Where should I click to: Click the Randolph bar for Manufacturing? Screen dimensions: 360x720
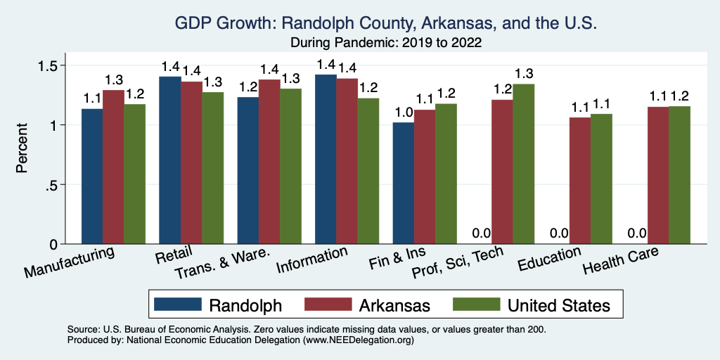[92, 176]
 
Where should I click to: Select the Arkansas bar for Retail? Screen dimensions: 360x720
[191, 162]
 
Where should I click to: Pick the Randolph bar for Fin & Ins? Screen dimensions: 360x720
[404, 183]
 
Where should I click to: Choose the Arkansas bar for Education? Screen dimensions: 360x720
[580, 181]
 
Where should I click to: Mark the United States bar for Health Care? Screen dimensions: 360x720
[679, 175]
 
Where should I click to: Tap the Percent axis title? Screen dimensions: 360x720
[22, 149]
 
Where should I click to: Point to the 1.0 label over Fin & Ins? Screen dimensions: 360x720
[403, 112]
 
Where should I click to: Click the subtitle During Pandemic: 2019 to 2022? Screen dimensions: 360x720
[386, 42]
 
